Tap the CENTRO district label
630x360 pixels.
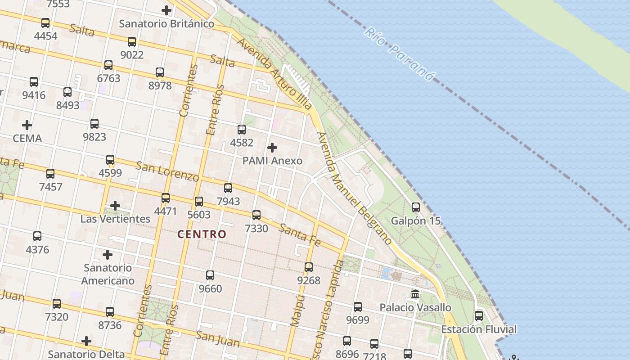202,234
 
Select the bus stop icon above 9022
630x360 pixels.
132,42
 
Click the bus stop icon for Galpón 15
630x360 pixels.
416,207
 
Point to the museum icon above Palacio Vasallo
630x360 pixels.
415,294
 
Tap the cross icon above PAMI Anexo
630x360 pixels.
272,148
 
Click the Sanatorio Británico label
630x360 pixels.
166,23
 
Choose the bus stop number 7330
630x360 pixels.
256,228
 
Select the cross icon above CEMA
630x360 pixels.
27,125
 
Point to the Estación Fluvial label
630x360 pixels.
479,329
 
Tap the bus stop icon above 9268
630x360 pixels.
309,267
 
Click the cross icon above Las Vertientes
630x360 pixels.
115,206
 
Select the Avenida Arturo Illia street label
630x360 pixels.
274,73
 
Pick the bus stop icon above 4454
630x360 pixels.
45,23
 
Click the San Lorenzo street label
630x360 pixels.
167,171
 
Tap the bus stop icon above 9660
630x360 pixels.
210,275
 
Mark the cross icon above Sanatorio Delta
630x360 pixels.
86,341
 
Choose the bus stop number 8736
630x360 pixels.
110,325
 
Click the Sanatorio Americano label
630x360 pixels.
108,274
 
